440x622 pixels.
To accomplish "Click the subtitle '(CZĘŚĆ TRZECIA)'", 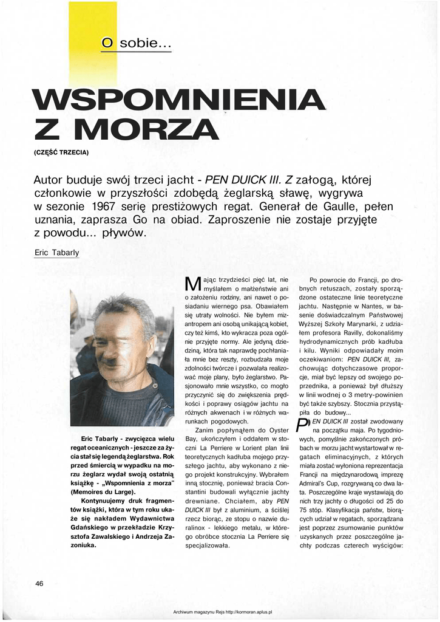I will [61, 151].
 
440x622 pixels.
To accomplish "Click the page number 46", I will [39, 584].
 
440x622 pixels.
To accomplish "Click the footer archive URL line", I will [223, 613].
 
